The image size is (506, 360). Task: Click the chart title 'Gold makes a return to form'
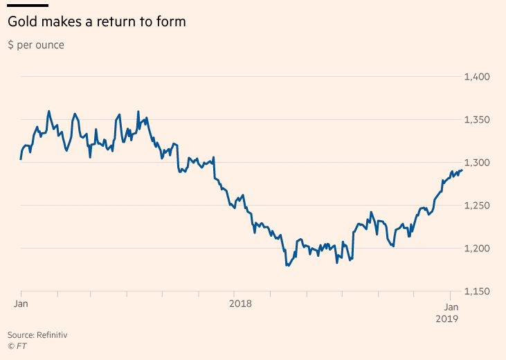(97, 22)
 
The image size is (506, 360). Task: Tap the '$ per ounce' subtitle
(36, 45)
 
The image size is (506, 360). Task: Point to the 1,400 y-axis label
(477, 77)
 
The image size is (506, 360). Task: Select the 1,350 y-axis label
(477, 120)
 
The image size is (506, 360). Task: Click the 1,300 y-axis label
(477, 163)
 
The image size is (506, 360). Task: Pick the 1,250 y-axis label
(477, 206)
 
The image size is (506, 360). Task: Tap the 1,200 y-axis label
(477, 249)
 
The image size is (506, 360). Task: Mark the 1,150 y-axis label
(477, 291)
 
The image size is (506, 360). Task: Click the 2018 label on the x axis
(240, 304)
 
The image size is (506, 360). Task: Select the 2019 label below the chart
(447, 319)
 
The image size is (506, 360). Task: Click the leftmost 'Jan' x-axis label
(21, 304)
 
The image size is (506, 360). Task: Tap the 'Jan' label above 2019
(451, 307)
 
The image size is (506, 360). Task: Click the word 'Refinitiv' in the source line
(52, 335)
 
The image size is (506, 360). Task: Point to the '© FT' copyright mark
(17, 346)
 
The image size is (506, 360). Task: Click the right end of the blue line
(462, 170)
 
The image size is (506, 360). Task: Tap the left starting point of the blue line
(21, 159)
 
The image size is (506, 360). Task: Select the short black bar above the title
(28, 6)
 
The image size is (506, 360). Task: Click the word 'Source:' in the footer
(21, 335)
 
